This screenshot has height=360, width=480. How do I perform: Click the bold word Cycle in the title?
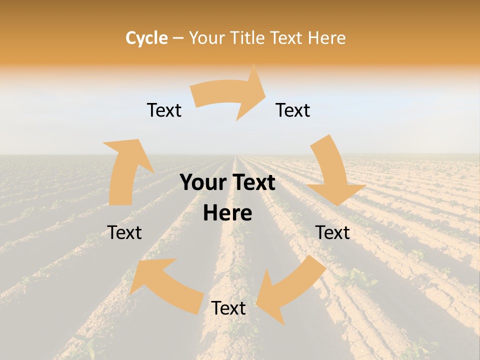(146, 38)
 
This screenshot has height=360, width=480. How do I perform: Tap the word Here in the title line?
(327, 38)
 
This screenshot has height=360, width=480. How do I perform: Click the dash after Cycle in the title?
(178, 38)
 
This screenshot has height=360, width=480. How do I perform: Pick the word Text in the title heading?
(287, 38)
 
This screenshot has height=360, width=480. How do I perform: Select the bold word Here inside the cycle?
(227, 213)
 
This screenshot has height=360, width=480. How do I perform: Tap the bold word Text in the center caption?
(252, 183)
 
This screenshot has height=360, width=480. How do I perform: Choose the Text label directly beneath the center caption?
(228, 308)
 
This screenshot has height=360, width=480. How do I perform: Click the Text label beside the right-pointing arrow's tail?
(164, 110)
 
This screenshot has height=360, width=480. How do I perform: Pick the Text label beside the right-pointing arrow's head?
(293, 110)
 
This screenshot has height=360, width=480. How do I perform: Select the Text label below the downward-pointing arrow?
(332, 232)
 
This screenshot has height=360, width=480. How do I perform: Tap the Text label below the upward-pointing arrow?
(124, 232)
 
